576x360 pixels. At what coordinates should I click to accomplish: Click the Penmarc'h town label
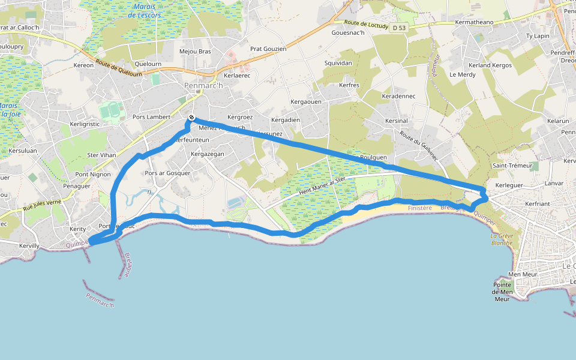203,86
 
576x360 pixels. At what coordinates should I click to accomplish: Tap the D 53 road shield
399,28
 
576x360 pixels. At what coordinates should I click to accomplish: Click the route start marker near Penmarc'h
191,118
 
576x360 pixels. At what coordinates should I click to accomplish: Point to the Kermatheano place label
474,22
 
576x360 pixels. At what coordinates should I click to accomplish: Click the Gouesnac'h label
348,32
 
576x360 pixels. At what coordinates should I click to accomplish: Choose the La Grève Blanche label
502,239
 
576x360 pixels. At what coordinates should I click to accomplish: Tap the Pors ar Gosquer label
167,173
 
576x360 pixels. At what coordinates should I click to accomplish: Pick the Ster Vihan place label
101,155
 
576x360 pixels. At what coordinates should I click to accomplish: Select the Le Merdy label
462,74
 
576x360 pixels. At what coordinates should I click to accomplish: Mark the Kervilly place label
29,246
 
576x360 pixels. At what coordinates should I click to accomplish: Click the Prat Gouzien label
268,49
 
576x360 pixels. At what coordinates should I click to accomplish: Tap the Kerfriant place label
537,204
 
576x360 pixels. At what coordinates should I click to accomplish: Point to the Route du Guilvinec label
418,146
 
